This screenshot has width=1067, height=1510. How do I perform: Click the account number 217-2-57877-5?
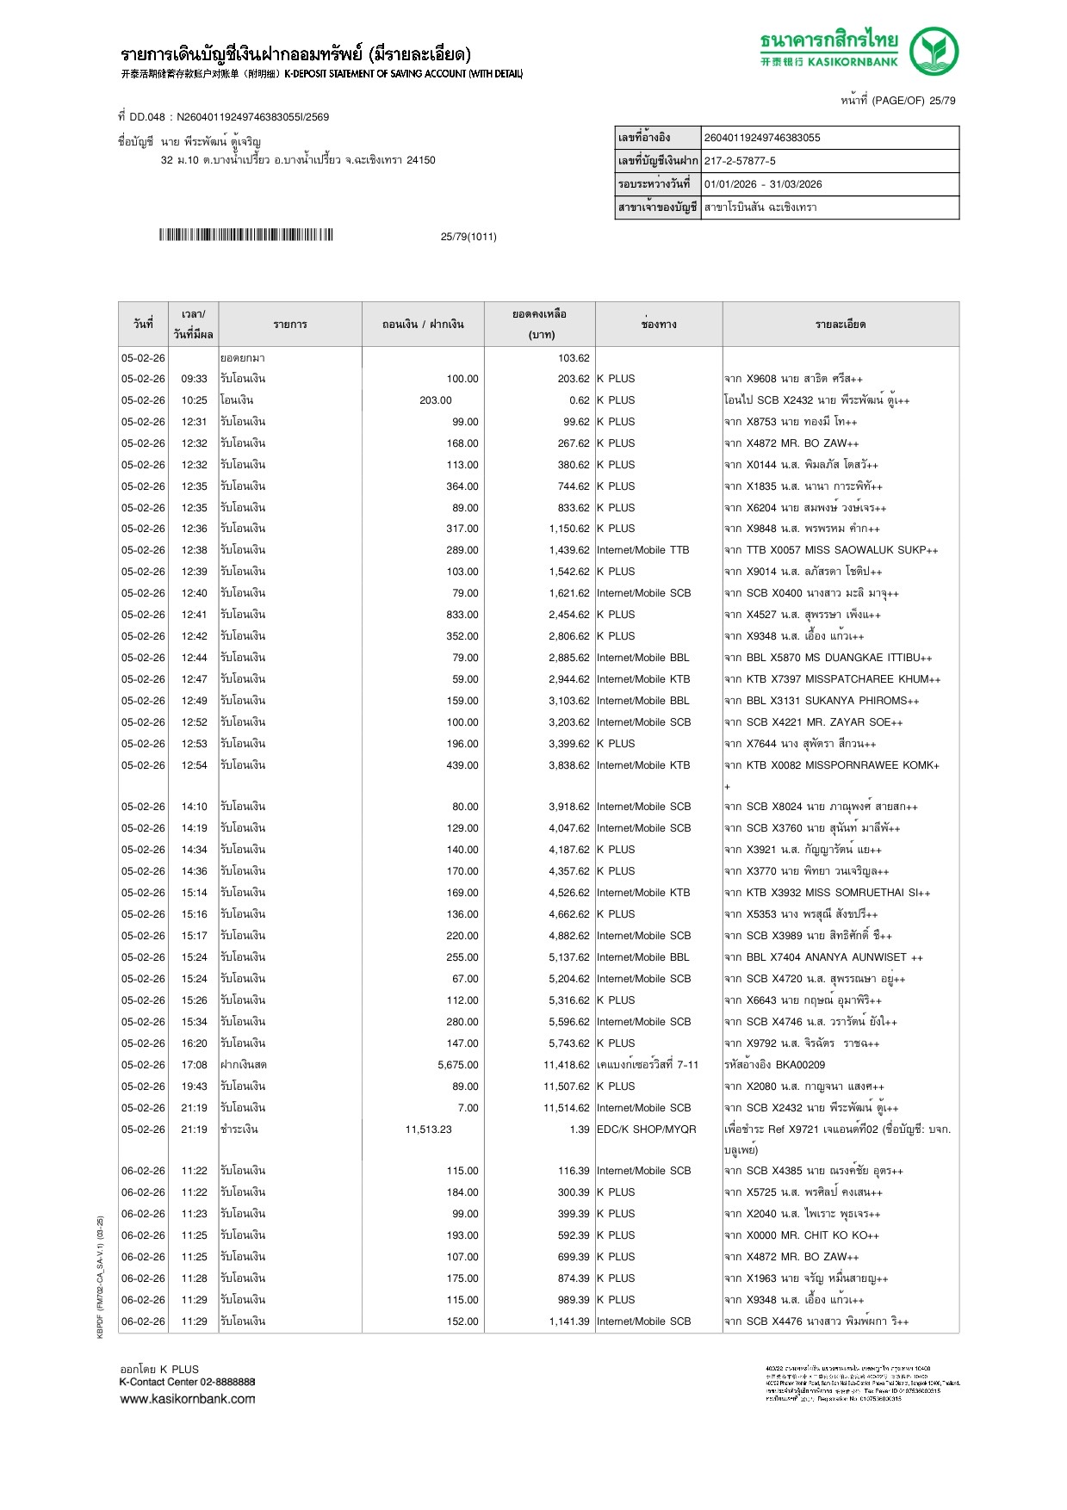(x=740, y=161)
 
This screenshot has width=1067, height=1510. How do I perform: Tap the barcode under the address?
(x=245, y=235)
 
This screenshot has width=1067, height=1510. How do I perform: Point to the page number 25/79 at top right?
(x=942, y=101)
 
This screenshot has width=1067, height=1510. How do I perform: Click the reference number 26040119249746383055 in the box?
(x=762, y=138)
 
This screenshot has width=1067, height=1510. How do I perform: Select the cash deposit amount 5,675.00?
(x=457, y=1065)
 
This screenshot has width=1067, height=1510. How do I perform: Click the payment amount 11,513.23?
(x=428, y=1129)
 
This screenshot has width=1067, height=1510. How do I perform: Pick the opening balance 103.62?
(x=574, y=358)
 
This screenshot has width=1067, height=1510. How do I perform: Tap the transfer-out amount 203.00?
(x=436, y=400)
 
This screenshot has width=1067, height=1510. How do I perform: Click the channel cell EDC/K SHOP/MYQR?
(x=646, y=1129)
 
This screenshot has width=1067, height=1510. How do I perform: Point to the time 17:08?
(x=194, y=1065)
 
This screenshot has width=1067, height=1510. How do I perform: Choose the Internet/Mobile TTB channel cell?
(x=642, y=550)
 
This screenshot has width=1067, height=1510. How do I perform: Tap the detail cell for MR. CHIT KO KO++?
(x=802, y=1235)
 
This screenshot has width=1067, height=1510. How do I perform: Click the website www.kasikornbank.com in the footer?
(x=188, y=1399)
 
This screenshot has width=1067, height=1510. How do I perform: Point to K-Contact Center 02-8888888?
(x=187, y=1383)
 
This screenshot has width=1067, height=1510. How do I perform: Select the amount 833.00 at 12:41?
(x=462, y=615)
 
